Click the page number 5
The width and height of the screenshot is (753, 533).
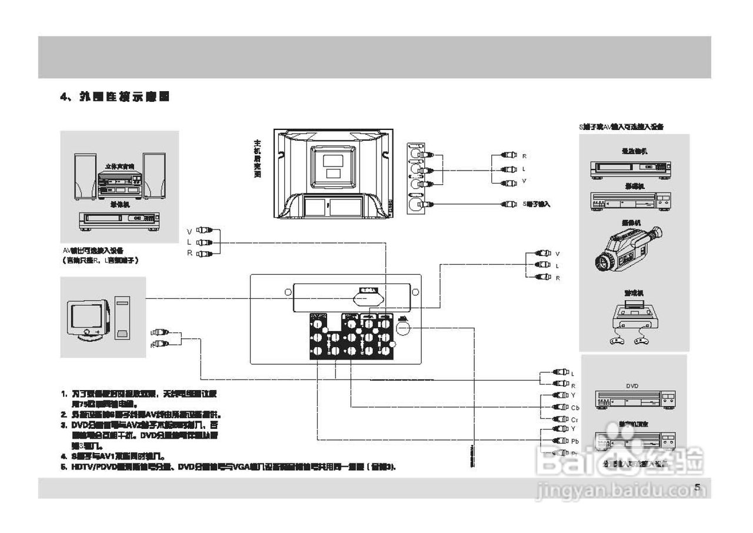(x=697, y=487)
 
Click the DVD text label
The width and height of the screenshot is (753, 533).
(x=632, y=387)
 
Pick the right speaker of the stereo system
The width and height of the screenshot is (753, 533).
(x=154, y=175)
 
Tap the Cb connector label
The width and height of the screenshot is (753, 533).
(x=575, y=408)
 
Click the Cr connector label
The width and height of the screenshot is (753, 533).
(x=575, y=419)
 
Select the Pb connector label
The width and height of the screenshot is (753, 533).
(x=575, y=441)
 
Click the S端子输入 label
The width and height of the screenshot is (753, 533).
(x=536, y=204)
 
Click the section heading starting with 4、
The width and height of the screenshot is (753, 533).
(x=115, y=97)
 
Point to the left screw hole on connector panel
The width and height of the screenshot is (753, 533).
(x=288, y=292)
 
